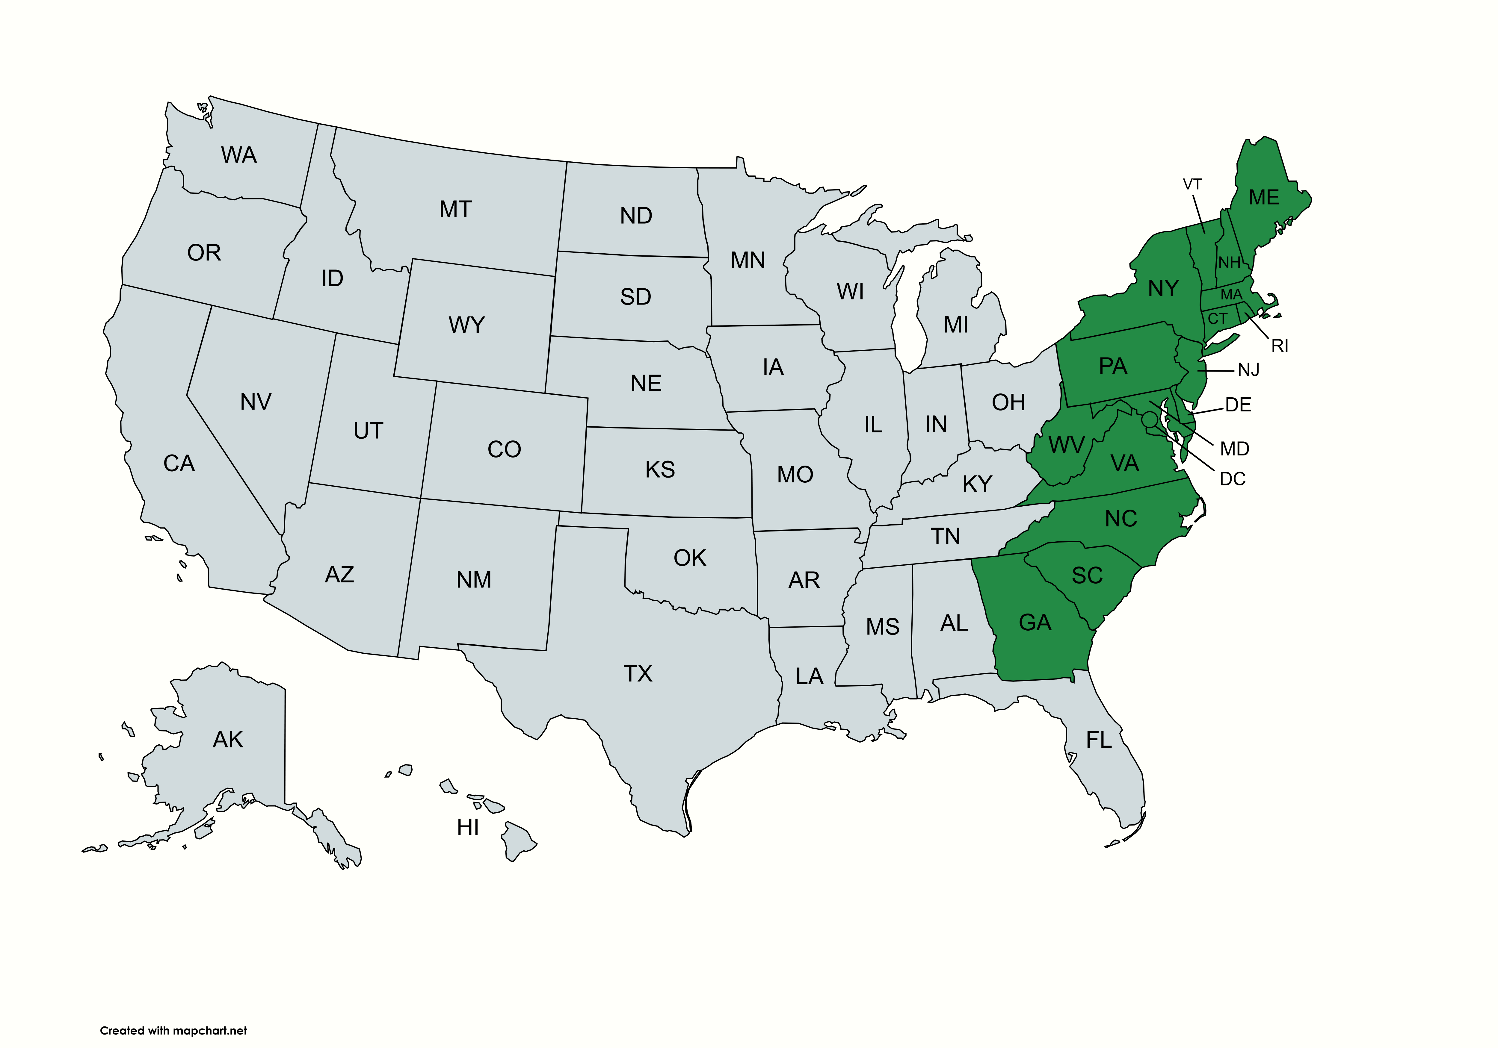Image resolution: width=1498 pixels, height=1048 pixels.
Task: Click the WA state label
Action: coord(239,155)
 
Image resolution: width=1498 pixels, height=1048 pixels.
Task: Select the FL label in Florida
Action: coord(1099,740)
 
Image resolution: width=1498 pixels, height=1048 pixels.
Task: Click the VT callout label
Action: coord(1192,184)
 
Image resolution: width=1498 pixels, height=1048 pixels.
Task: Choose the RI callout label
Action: coord(1279,346)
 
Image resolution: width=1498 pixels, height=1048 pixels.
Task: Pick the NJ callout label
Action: coord(1248,370)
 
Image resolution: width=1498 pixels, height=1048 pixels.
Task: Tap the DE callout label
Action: coord(1238,405)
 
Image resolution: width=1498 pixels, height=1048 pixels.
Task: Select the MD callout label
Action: coord(1234,449)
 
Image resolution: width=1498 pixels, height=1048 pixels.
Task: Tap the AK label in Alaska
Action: coord(228,740)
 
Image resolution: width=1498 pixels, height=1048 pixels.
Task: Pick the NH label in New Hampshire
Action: coord(1229,263)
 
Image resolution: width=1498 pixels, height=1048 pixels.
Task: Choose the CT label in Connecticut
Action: coord(1218,319)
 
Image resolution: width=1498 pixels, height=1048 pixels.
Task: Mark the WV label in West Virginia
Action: coord(1066,446)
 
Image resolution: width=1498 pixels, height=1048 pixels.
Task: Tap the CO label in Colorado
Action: coord(504,449)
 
